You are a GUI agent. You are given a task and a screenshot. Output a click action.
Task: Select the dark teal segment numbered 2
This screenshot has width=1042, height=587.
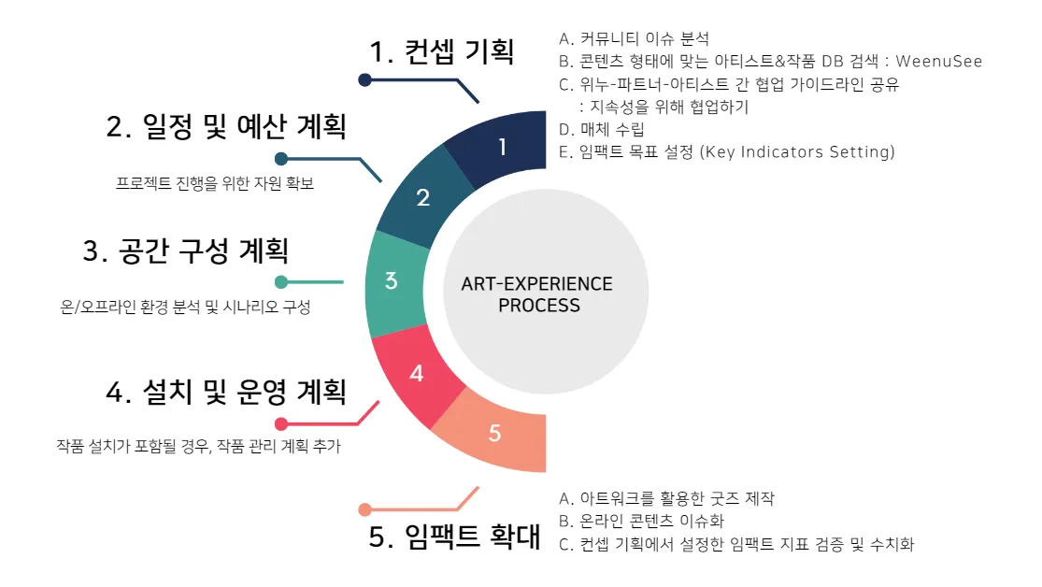click(422, 198)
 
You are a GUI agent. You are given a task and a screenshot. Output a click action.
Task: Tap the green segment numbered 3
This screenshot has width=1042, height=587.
click(393, 280)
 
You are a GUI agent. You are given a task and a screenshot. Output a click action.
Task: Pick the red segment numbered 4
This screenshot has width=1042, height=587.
click(417, 373)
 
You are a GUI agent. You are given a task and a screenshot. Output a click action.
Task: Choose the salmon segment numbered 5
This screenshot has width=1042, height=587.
click(494, 433)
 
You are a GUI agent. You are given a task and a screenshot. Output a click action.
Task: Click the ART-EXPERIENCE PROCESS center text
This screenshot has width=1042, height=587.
click(537, 294)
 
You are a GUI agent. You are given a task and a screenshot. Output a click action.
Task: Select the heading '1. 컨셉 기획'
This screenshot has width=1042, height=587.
click(442, 51)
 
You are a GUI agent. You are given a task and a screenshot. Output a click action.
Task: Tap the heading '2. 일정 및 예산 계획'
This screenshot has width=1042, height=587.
click(233, 126)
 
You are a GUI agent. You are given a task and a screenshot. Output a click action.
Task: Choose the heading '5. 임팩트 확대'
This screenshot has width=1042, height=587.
click(455, 536)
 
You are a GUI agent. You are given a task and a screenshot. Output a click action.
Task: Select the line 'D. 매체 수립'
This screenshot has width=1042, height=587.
click(601, 129)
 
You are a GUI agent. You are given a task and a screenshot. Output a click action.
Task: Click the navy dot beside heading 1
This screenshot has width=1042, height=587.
click(365, 80)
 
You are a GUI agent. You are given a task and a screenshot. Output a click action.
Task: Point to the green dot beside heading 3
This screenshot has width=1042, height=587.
click(281, 282)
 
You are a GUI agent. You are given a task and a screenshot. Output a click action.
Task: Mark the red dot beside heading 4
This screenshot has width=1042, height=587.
click(281, 423)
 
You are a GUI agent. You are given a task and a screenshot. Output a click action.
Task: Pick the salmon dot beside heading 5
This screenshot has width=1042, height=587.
click(365, 509)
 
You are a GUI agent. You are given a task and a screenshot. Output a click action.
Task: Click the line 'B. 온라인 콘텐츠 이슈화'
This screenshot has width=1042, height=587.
click(640, 521)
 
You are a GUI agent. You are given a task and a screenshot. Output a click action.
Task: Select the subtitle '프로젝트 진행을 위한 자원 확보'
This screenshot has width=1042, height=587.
click(214, 183)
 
